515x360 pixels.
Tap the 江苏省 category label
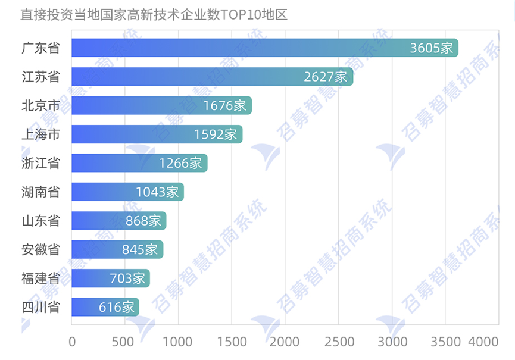tap(40, 77)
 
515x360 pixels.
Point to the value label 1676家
tap(224, 105)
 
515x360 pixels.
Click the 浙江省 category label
tap(40, 163)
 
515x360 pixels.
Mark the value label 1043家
tap(157, 192)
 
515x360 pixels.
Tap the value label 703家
tap(127, 278)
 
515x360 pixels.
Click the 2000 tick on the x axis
tap(285, 342)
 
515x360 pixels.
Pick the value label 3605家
tap(432, 48)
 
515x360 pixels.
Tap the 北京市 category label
tap(40, 105)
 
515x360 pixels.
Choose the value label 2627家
tap(325, 77)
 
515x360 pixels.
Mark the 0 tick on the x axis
tap(72, 342)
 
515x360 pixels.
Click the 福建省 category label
tap(40, 278)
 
